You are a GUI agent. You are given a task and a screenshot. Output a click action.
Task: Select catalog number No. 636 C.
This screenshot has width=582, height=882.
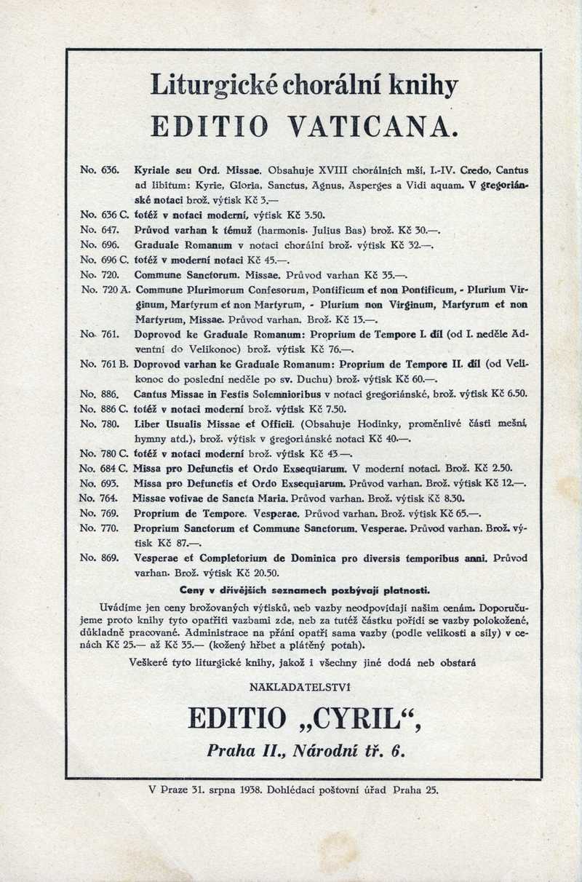click(x=104, y=215)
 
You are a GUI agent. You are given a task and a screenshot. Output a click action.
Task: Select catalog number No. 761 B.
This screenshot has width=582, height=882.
click(x=105, y=363)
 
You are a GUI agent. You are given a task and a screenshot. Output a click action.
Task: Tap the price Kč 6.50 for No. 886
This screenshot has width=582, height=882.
click(x=510, y=394)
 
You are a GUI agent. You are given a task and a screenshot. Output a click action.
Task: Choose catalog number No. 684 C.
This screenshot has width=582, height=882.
click(x=104, y=469)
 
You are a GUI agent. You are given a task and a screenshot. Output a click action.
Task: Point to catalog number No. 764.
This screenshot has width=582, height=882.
click(x=99, y=498)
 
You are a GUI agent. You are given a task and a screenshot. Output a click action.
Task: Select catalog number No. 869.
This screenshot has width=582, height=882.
click(x=99, y=558)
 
